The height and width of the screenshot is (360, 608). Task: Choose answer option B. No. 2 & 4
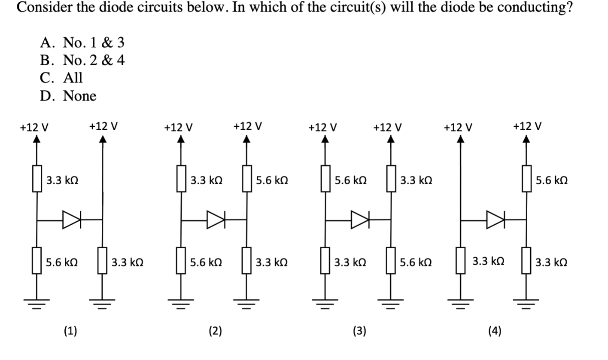82,60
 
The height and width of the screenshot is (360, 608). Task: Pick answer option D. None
68,96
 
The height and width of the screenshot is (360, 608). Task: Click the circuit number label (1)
70,330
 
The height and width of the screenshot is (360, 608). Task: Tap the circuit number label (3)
359,330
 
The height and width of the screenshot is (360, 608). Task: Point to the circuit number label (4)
495,330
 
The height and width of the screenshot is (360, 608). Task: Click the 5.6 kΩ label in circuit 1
62,262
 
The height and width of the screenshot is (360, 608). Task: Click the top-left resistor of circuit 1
37,179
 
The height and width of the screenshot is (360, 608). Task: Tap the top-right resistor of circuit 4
527,179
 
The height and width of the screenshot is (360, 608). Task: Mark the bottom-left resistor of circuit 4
461,260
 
